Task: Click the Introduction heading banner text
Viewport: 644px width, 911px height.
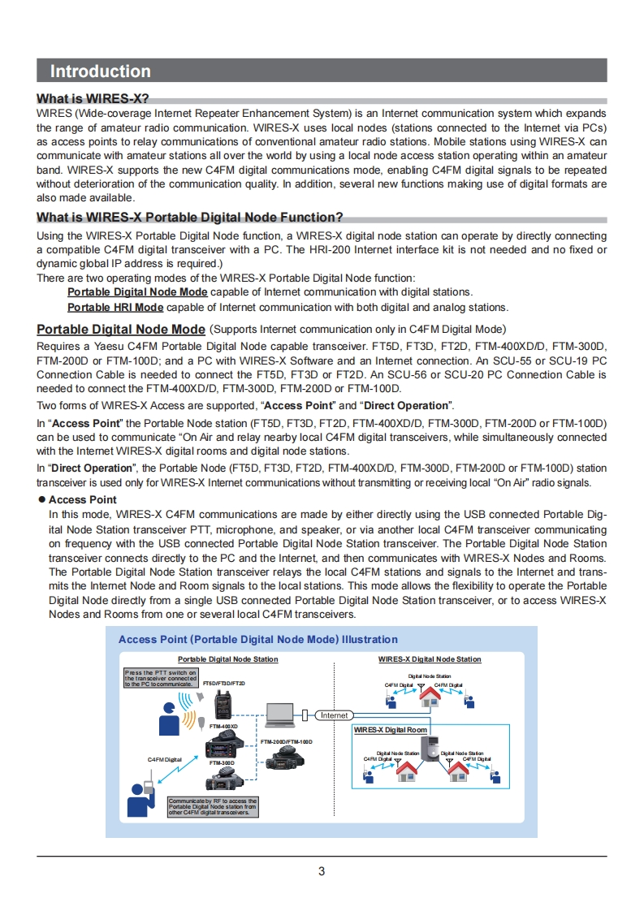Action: click(x=100, y=71)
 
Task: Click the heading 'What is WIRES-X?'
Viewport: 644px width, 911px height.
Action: click(x=93, y=98)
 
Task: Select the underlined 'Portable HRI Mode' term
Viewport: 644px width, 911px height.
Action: click(x=115, y=307)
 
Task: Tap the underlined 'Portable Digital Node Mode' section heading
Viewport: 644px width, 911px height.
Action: click(x=121, y=329)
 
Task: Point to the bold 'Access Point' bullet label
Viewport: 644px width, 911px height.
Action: click(x=82, y=499)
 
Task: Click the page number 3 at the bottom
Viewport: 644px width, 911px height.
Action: click(x=322, y=871)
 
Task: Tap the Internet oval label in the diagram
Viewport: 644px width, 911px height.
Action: click(x=334, y=715)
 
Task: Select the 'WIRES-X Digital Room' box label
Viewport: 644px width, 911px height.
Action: click(x=391, y=730)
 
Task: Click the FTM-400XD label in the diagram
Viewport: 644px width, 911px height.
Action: click(x=223, y=726)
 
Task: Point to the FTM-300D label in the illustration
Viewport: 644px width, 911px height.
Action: click(x=222, y=763)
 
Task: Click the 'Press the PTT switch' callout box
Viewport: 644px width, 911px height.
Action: click(x=160, y=678)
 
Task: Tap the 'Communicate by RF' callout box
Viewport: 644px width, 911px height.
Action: click(x=213, y=806)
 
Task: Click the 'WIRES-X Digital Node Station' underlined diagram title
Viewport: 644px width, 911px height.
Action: click(x=430, y=659)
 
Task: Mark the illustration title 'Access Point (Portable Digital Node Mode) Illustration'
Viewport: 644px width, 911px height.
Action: click(x=258, y=640)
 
